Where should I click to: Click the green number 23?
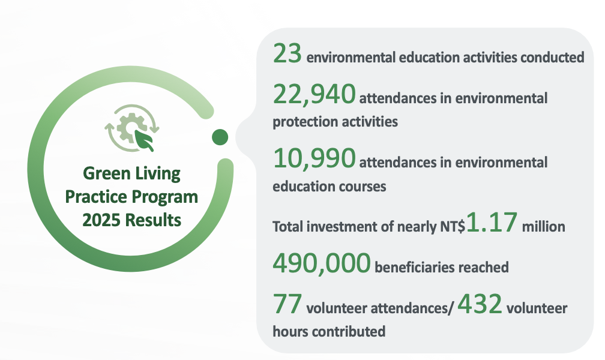pyautogui.click(x=287, y=53)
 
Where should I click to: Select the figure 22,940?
pyautogui.click(x=314, y=94)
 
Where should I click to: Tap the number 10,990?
pyautogui.click(x=314, y=158)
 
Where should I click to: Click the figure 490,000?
pyautogui.click(x=322, y=263)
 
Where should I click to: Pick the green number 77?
pyautogui.click(x=287, y=304)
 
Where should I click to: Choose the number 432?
pyautogui.click(x=480, y=304)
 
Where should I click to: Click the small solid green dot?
pyautogui.click(x=220, y=137)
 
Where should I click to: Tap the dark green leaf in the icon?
pyautogui.click(x=145, y=140)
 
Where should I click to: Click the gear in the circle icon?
pyautogui.click(x=130, y=127)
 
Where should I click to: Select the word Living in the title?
pyautogui.click(x=158, y=173)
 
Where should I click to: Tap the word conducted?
pyautogui.click(x=552, y=58)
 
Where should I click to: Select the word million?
pyautogui.click(x=543, y=226)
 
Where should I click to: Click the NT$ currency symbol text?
pyautogui.click(x=453, y=226)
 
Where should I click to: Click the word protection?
pyautogui.click(x=299, y=122)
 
